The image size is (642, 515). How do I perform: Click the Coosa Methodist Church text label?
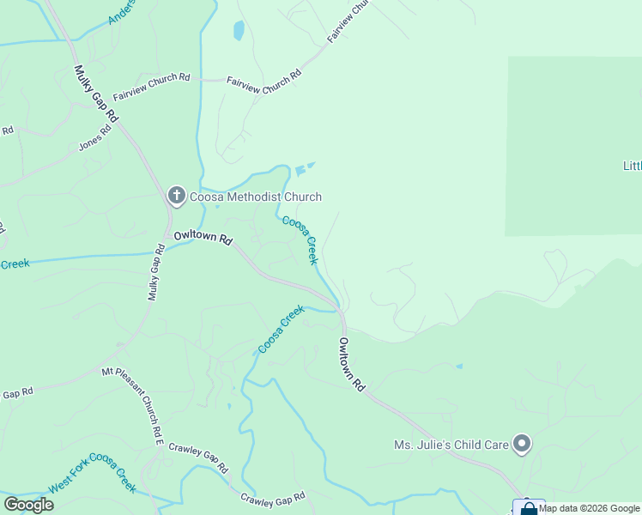coord(256,197)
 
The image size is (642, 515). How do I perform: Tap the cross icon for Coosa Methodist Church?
coord(177,196)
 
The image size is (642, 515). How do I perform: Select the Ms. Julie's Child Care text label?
coord(451,445)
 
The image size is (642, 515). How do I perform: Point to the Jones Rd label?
coord(95,138)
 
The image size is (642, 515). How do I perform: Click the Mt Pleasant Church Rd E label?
coord(132,406)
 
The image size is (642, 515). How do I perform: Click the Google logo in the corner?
coord(28,505)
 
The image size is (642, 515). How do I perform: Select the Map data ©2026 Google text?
coord(590,508)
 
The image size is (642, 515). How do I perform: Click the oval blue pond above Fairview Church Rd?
coord(239,32)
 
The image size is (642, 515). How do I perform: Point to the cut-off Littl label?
coord(632,165)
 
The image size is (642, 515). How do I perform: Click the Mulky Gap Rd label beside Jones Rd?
coord(96,94)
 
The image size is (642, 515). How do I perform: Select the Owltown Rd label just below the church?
coord(203,238)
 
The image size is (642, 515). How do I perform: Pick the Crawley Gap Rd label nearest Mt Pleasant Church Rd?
coord(198,458)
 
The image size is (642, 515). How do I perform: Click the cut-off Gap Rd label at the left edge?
coord(16,393)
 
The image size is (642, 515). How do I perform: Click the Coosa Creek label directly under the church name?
coord(301,239)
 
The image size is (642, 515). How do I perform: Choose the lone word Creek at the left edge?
coord(15,264)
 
